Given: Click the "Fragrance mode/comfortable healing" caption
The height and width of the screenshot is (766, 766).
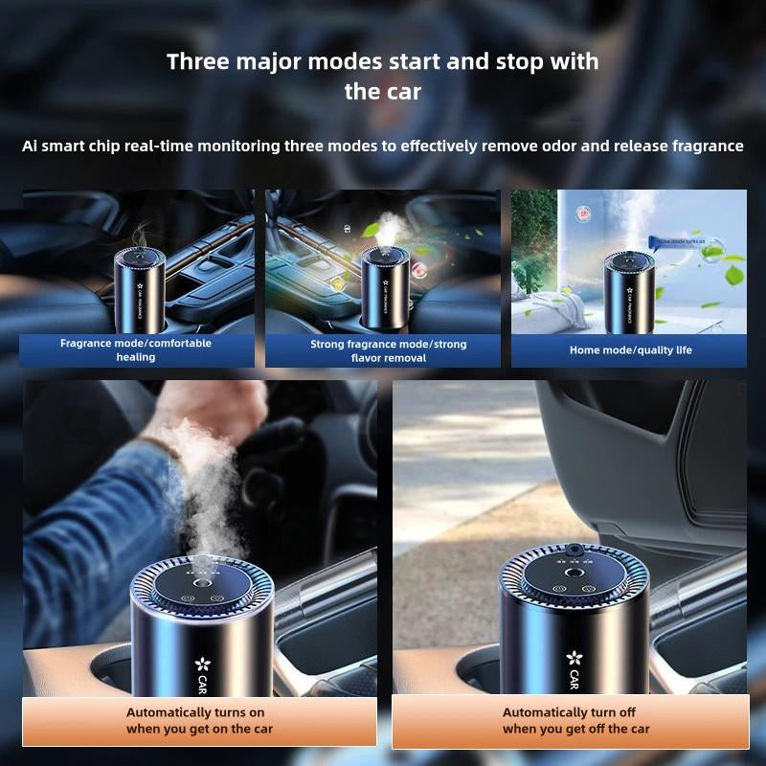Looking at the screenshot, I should click(136, 349).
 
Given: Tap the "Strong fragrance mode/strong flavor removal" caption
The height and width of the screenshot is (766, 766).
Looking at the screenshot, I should click(388, 350).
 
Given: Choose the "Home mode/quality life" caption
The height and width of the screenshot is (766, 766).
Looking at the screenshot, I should click(630, 350).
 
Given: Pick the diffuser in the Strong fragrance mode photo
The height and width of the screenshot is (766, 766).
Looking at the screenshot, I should click(386, 282).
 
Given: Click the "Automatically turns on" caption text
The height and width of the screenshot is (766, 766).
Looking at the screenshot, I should click(195, 712).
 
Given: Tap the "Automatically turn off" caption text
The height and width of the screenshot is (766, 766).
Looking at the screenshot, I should click(569, 712).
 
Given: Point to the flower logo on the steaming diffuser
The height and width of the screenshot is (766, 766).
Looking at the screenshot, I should click(202, 664).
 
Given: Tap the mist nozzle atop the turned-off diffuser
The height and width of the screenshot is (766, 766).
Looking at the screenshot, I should click(573, 551).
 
